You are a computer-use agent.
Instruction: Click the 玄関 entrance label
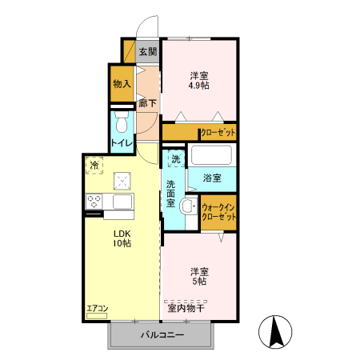tap(148, 52)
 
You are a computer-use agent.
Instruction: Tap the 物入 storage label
tap(122, 84)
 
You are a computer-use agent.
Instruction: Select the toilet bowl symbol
tap(122, 122)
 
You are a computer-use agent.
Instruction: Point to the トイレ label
tap(122, 143)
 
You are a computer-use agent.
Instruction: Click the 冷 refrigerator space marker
tap(94, 166)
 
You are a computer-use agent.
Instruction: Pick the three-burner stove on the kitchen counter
tap(94, 202)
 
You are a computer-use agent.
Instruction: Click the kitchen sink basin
tap(122, 202)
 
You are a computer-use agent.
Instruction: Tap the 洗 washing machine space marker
tap(176, 159)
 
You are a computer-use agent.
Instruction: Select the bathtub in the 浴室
tap(211, 155)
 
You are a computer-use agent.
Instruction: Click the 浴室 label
tap(212, 178)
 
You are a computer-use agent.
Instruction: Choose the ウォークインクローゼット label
tap(218, 212)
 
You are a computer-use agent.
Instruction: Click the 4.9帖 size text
tap(199, 86)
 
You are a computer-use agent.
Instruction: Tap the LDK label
tap(122, 234)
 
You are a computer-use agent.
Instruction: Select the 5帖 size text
tap(199, 282)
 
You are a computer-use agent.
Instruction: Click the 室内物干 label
tap(186, 308)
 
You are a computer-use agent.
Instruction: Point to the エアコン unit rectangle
tap(97, 316)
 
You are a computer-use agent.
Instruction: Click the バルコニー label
tap(162, 334)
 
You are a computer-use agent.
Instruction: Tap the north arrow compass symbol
tap(275, 332)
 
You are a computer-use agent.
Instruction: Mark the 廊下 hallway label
tap(147, 103)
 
